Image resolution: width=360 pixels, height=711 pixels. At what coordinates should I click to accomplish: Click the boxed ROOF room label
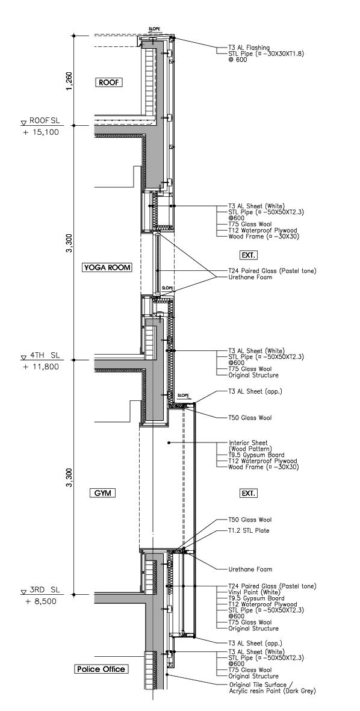pyautogui.click(x=110, y=82)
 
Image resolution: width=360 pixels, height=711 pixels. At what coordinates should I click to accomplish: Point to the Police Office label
pyautogui.click(x=101, y=669)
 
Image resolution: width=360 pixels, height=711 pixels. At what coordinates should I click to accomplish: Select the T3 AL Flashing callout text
pyautogui.click(x=249, y=48)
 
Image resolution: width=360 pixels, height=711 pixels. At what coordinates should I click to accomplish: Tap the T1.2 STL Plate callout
pyautogui.click(x=249, y=530)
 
